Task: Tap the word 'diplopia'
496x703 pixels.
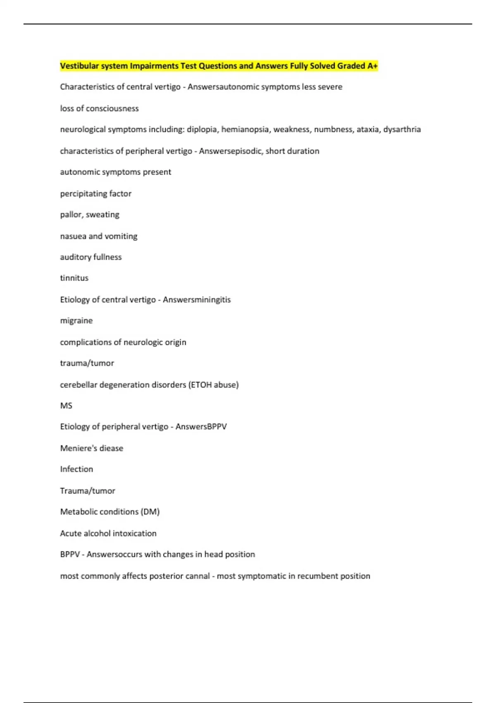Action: tap(202, 129)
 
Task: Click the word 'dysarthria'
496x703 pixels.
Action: tap(402, 129)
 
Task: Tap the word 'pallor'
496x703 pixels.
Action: tap(71, 215)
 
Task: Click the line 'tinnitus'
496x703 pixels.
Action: tap(74, 278)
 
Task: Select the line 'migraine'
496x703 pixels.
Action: tap(76, 320)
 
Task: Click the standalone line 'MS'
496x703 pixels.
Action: tap(66, 406)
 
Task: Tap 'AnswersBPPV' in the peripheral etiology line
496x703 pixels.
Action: tap(201, 426)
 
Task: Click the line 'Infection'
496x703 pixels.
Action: tap(76, 469)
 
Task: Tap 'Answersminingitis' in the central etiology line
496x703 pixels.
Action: tap(197, 299)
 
